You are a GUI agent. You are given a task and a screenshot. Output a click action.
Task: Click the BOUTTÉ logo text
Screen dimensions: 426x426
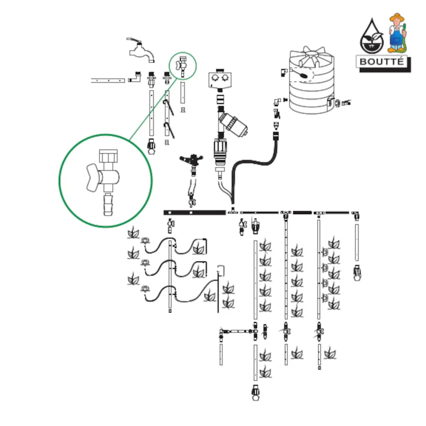381,61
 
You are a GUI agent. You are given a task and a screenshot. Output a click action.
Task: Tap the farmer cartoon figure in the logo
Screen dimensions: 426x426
397,32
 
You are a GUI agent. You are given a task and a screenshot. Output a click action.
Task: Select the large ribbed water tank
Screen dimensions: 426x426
311,83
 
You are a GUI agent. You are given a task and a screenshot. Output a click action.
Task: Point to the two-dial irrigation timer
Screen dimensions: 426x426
219,80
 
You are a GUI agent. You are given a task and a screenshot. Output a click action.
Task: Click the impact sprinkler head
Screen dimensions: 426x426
190,161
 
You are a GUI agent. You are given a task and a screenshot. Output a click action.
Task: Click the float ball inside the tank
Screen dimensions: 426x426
304,75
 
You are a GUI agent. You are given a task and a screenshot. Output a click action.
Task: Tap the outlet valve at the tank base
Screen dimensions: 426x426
344,103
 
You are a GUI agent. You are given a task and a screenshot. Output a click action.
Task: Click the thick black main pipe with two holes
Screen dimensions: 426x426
194,212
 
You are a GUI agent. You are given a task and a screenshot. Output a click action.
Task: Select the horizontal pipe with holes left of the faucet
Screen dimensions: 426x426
107,80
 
